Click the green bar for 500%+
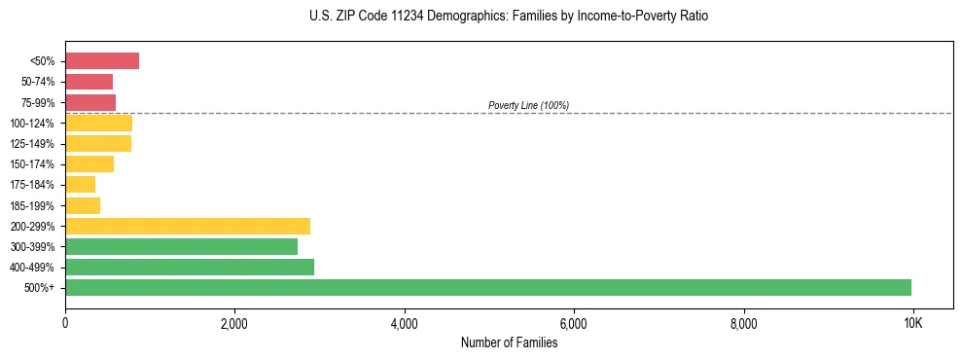point(488,287)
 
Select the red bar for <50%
point(102,61)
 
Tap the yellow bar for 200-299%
point(188,226)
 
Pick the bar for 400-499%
point(190,267)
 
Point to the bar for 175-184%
point(81,185)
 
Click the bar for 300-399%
point(181,246)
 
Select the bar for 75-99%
point(90,102)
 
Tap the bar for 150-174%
point(89,164)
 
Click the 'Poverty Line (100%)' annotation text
point(528,105)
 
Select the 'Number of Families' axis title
point(509,342)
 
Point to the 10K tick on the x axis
point(912,322)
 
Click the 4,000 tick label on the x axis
point(404,322)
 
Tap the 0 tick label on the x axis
point(65,322)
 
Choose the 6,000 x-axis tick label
point(574,322)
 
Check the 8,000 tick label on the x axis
point(743,322)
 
